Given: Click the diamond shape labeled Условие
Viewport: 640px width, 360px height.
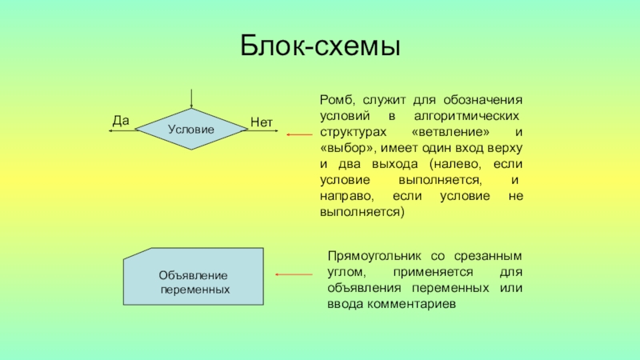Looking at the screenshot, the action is point(191,129).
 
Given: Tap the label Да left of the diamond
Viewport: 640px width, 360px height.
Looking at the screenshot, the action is point(121,121).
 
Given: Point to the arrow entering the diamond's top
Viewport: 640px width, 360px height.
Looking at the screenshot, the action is point(191,98).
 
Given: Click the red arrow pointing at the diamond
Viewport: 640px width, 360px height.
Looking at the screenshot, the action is point(299,135).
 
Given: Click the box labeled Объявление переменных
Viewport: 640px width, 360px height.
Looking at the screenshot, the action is point(194,275).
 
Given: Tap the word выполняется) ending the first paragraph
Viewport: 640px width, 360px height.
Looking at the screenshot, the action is point(362,211).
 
